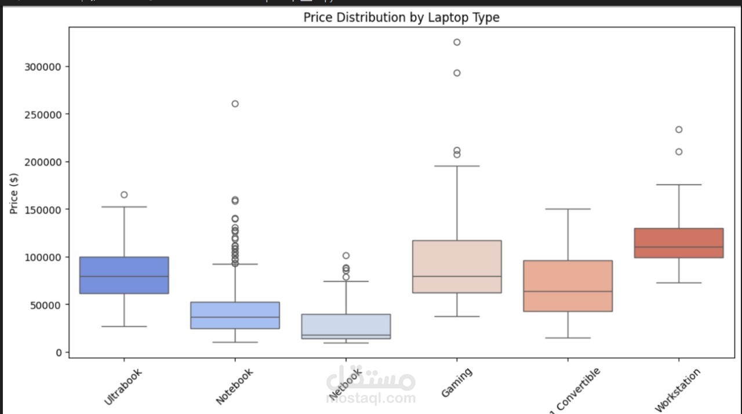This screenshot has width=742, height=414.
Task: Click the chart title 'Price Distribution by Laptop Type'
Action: point(401,17)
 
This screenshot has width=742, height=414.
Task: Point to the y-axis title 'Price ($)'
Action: point(14,193)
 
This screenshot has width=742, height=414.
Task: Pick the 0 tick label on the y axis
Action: point(59,352)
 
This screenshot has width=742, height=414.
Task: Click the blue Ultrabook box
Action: point(124,275)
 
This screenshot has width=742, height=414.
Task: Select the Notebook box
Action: point(235,315)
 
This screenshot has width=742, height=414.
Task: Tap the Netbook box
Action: point(346,326)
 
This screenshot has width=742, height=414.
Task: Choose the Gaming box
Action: point(457,266)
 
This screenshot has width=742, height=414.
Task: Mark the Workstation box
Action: point(679,242)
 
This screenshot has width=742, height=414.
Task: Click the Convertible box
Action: point(568,285)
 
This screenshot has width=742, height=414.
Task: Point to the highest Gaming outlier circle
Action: point(457,42)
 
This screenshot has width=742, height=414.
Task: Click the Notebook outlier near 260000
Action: point(235,104)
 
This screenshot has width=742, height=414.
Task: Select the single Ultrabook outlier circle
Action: point(124,195)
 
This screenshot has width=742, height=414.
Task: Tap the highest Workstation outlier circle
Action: point(679,129)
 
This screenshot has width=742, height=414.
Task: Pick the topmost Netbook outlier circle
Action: point(346,256)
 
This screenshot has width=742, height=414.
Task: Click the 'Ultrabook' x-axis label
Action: point(123,387)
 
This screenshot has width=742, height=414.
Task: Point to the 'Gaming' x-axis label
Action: point(456,383)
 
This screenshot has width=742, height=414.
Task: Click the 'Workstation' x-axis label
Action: point(678,390)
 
